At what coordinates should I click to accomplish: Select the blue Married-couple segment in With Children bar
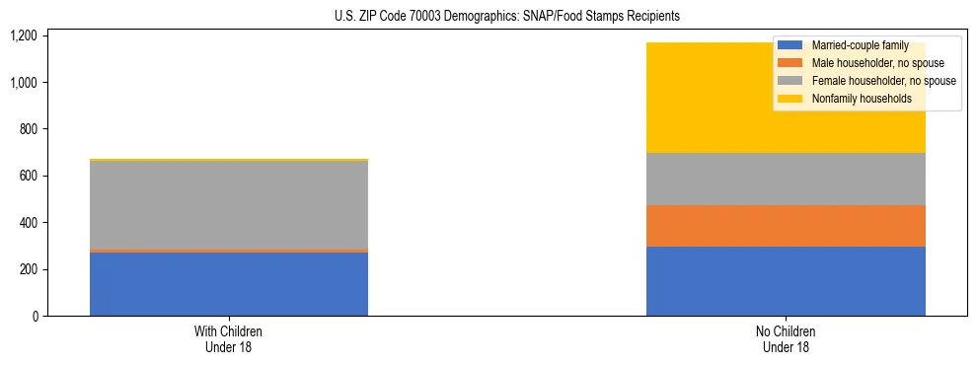(229, 284)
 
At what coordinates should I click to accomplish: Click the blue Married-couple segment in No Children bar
(786, 281)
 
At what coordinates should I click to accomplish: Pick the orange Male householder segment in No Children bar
(786, 226)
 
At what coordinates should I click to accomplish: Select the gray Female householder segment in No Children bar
(786, 179)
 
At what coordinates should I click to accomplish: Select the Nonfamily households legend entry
(855, 99)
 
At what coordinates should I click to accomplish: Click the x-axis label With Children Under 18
(229, 339)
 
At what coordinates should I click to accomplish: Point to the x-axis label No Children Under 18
(786, 339)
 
